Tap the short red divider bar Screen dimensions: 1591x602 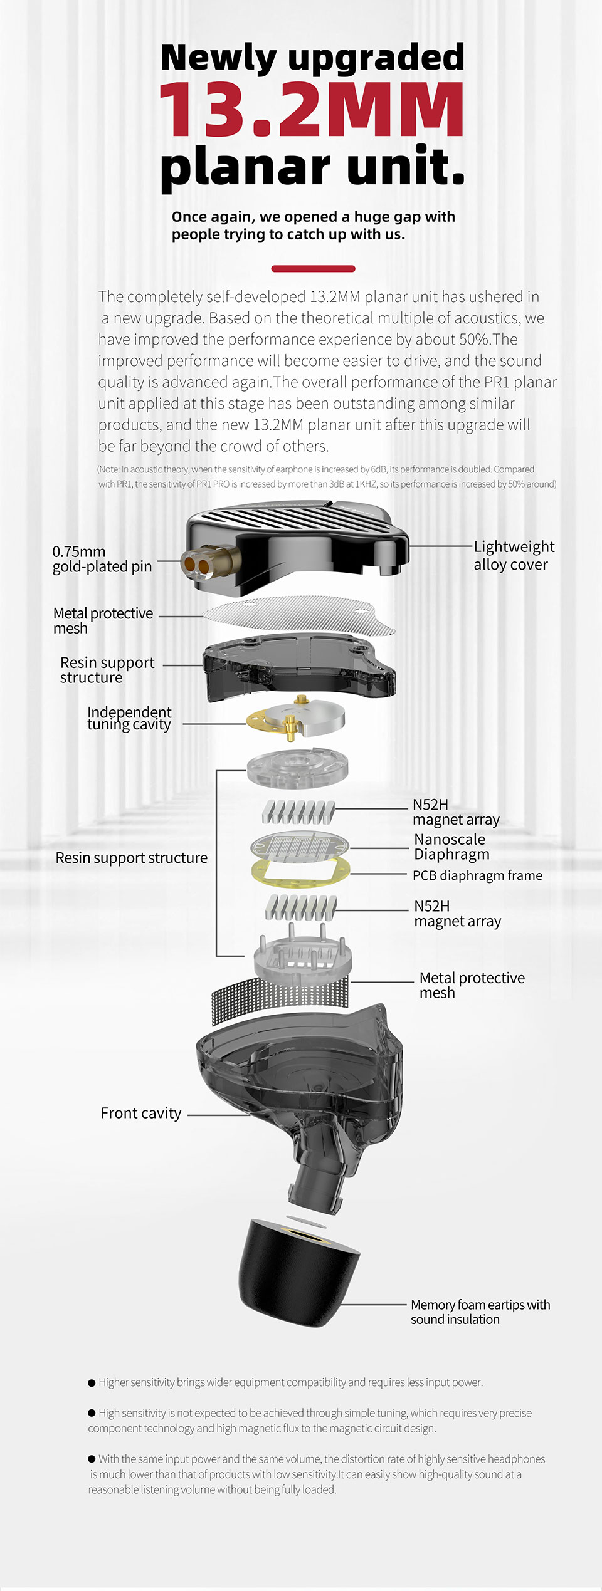313,269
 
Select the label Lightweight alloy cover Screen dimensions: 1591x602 513,555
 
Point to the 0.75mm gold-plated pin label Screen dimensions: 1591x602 102,559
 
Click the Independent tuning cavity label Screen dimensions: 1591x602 129,718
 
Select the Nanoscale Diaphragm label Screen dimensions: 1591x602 451,847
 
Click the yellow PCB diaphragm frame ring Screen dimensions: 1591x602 300,874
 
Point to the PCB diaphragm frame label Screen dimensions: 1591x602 477,875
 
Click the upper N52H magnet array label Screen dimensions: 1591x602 455,812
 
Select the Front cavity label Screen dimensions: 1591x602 141,1113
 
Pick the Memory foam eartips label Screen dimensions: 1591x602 480,1312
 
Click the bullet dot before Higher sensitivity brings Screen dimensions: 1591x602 92,1382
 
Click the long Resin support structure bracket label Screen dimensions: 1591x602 131,858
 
